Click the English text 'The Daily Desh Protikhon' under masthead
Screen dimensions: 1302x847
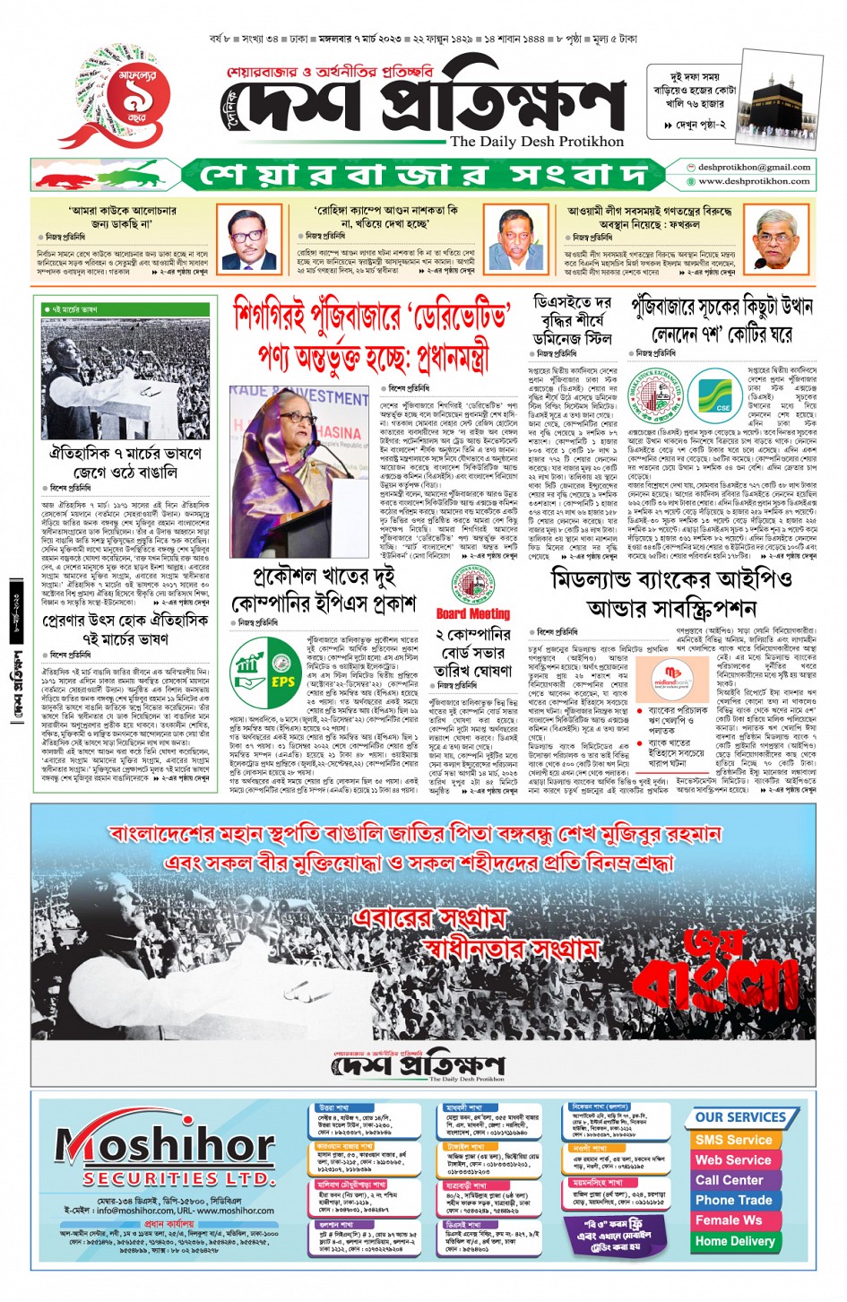click(x=536, y=142)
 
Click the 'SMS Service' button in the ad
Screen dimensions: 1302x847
click(x=733, y=1139)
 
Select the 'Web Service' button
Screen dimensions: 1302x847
click(x=733, y=1159)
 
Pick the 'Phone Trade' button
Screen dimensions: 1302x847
click(x=733, y=1200)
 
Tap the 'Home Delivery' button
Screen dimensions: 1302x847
click(x=734, y=1241)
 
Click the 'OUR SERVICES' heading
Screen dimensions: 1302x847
click(x=739, y=1117)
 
